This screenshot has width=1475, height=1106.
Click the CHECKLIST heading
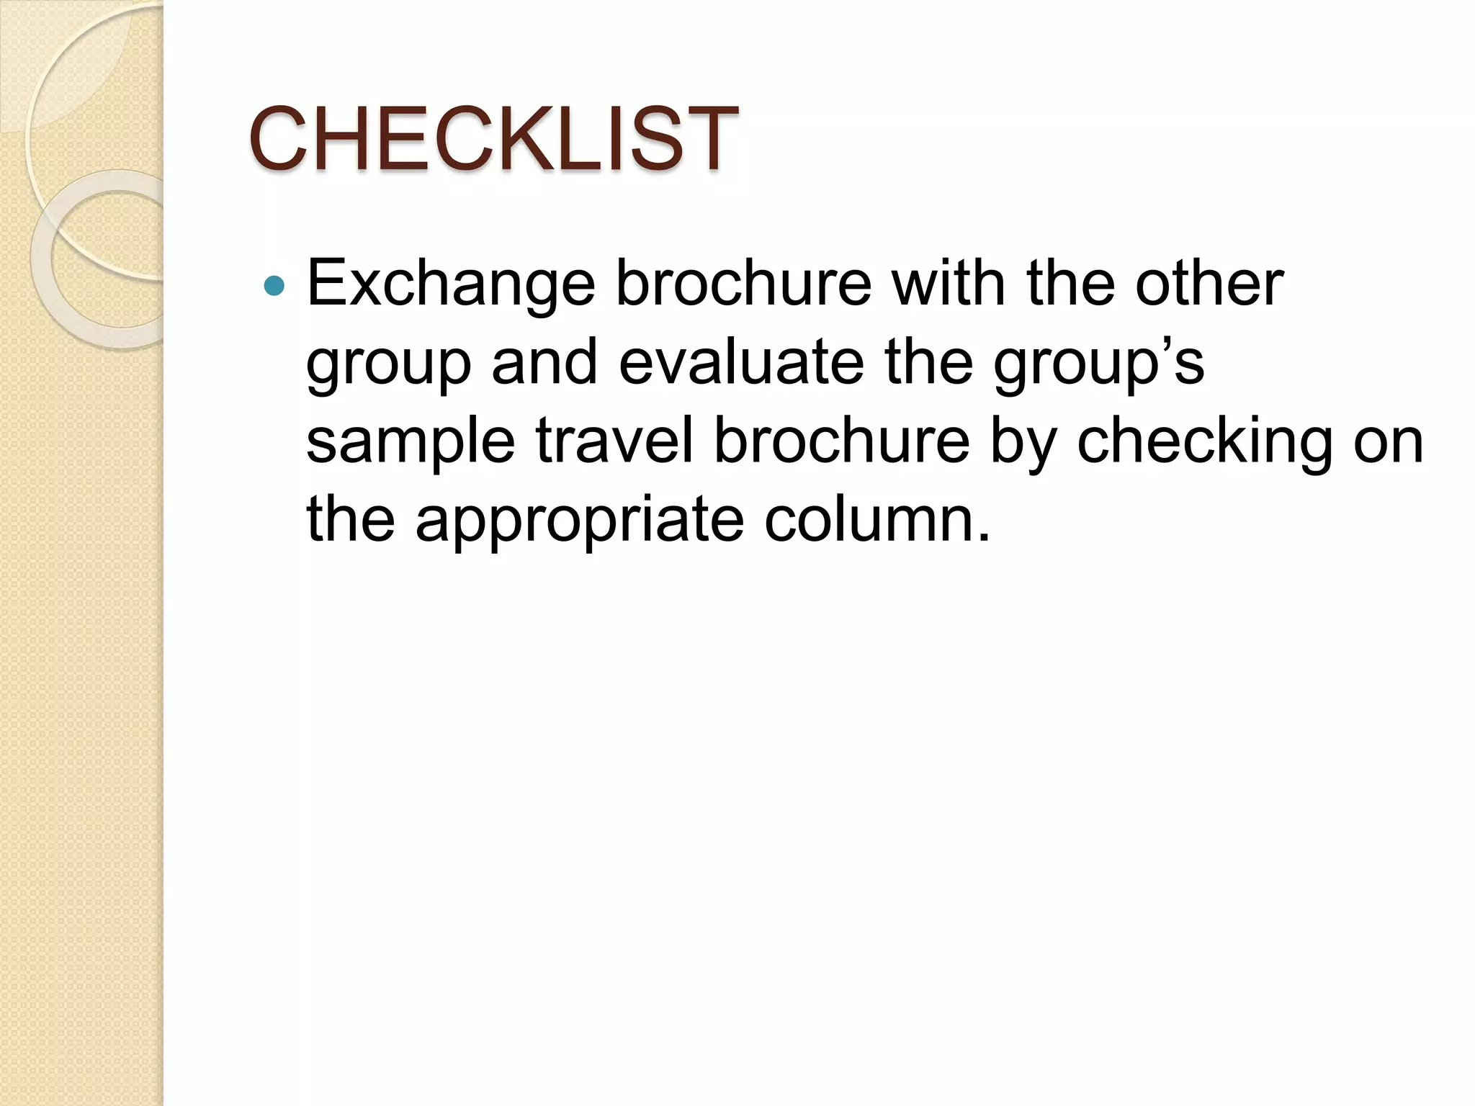493,138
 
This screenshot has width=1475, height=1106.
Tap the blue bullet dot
274,287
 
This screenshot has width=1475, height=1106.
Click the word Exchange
451,284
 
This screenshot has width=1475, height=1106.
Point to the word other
1209,284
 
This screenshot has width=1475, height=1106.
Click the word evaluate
741,362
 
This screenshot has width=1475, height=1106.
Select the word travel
614,440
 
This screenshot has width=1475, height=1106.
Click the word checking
1205,441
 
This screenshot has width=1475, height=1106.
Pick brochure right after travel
842,440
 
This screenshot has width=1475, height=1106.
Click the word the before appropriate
351,518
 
